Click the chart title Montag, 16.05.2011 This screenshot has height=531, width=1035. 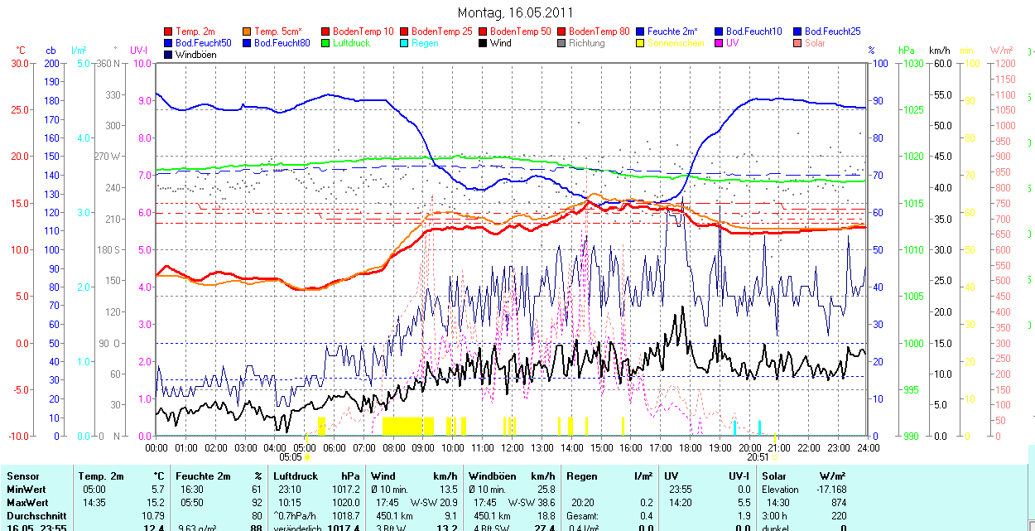coord(514,13)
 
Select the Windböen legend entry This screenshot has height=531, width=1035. coord(195,55)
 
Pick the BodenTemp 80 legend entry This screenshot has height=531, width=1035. coord(599,31)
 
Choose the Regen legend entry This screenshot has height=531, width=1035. coord(425,43)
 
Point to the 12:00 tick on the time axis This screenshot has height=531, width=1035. coord(512,448)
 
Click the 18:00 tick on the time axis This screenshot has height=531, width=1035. coord(690,448)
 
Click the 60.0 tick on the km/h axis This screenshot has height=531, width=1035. coord(941,63)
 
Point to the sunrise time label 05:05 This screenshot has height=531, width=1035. coord(290,456)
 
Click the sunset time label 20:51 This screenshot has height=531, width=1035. coord(758,456)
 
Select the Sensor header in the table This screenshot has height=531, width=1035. coord(23,476)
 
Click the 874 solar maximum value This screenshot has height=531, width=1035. coord(838,503)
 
